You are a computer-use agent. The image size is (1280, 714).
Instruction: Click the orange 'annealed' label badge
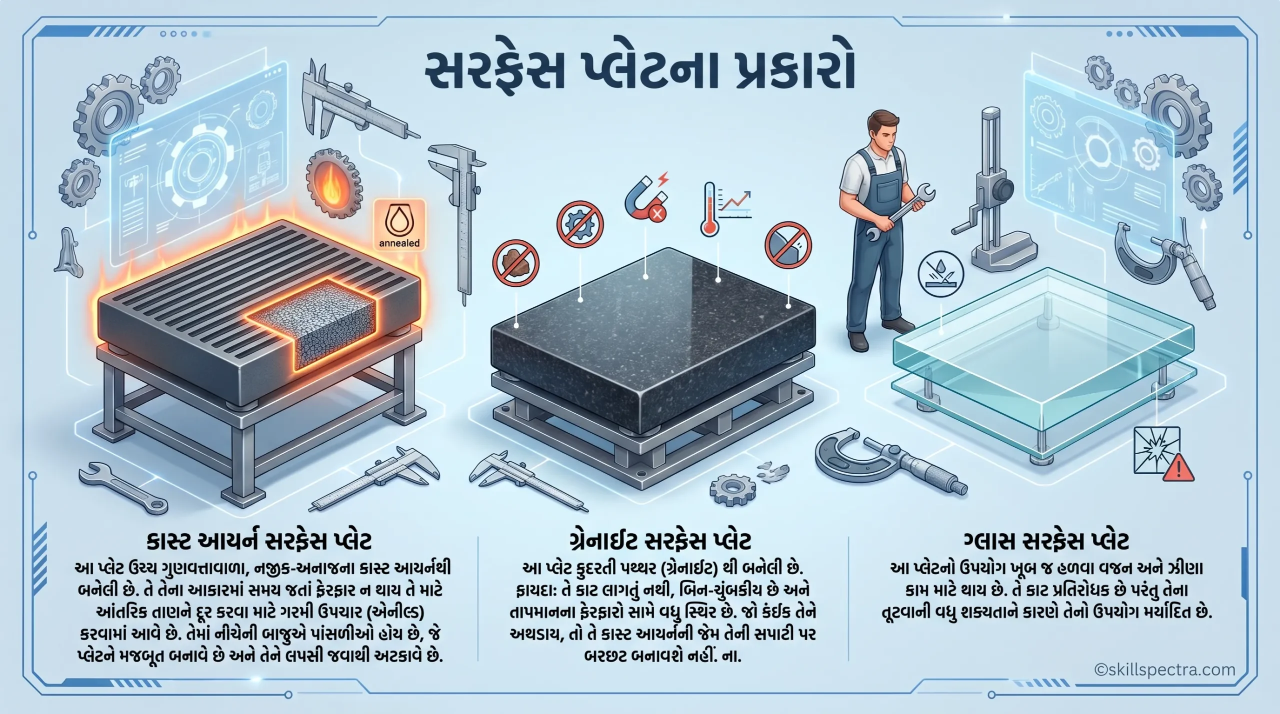coord(399,225)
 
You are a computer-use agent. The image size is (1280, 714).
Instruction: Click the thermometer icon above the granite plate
coord(709,208)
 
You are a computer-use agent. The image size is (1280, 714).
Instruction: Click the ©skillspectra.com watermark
coord(1164,669)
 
